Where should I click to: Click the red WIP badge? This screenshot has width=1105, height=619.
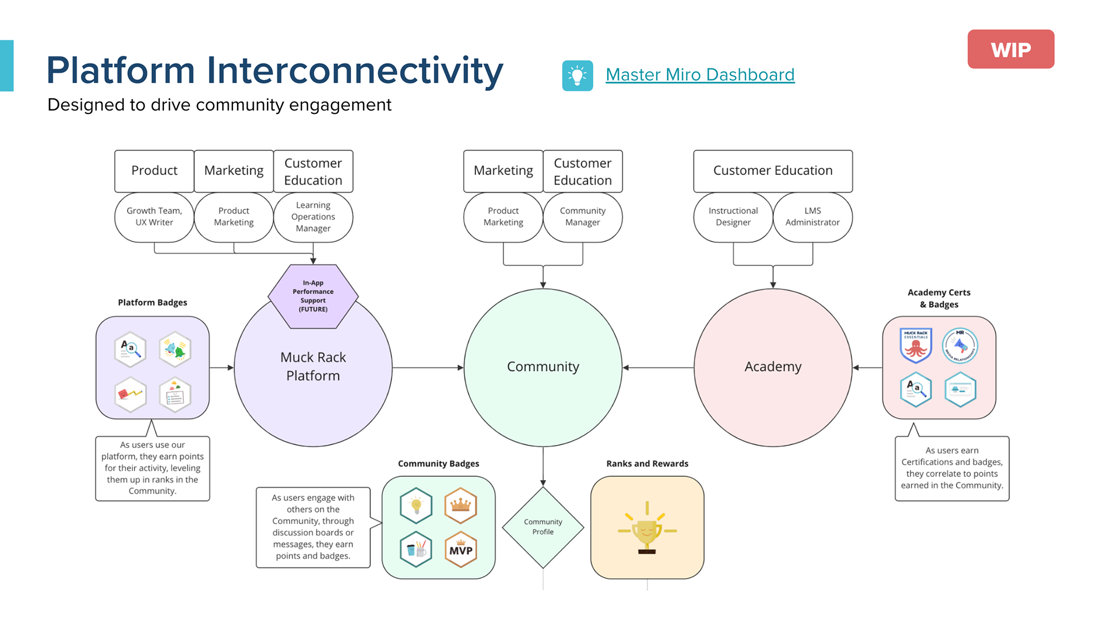(1010, 49)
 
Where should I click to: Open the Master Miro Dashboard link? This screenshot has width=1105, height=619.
(700, 75)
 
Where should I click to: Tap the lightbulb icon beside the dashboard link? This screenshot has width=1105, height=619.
(577, 75)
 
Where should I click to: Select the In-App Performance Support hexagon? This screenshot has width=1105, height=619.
(313, 296)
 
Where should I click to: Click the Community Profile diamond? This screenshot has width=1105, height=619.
(543, 527)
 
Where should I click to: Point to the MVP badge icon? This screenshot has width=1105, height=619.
(460, 549)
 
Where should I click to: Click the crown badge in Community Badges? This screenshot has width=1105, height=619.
(460, 505)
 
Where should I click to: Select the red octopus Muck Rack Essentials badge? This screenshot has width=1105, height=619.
(915, 345)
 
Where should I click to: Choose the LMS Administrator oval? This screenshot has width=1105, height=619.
(812, 217)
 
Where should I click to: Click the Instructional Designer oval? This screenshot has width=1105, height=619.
(733, 217)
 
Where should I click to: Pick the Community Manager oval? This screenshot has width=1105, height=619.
(582, 217)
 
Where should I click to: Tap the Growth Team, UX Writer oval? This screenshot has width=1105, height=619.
(154, 217)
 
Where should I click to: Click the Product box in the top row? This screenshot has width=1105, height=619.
(154, 171)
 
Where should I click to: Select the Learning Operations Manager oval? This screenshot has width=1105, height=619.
(313, 217)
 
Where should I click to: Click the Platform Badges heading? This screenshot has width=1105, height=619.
(153, 303)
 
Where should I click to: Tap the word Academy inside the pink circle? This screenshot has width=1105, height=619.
(772, 366)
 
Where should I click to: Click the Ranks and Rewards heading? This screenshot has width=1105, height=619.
(647, 464)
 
